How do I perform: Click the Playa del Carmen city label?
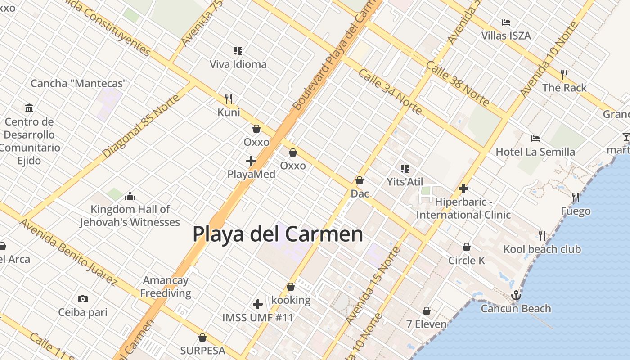[278, 234]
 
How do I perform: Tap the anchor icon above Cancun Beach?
[516, 296]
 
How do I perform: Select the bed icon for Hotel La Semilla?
[535, 139]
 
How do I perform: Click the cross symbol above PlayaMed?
[251, 161]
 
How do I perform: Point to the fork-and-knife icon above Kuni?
[229, 99]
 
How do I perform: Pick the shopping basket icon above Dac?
[360, 180]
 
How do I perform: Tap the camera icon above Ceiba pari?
[82, 299]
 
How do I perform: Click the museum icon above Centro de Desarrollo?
[29, 108]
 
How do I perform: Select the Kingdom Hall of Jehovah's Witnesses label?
[130, 216]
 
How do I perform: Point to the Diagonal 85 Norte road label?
[141, 126]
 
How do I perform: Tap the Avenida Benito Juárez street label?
[68, 252]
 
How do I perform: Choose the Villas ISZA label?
[506, 36]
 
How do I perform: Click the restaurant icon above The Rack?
[564, 74]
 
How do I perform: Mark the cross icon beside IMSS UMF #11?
[258, 305]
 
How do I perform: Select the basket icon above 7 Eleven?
[427, 311]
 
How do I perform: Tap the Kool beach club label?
[542, 249]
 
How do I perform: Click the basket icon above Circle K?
[467, 247]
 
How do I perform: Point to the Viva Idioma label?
[238, 64]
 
